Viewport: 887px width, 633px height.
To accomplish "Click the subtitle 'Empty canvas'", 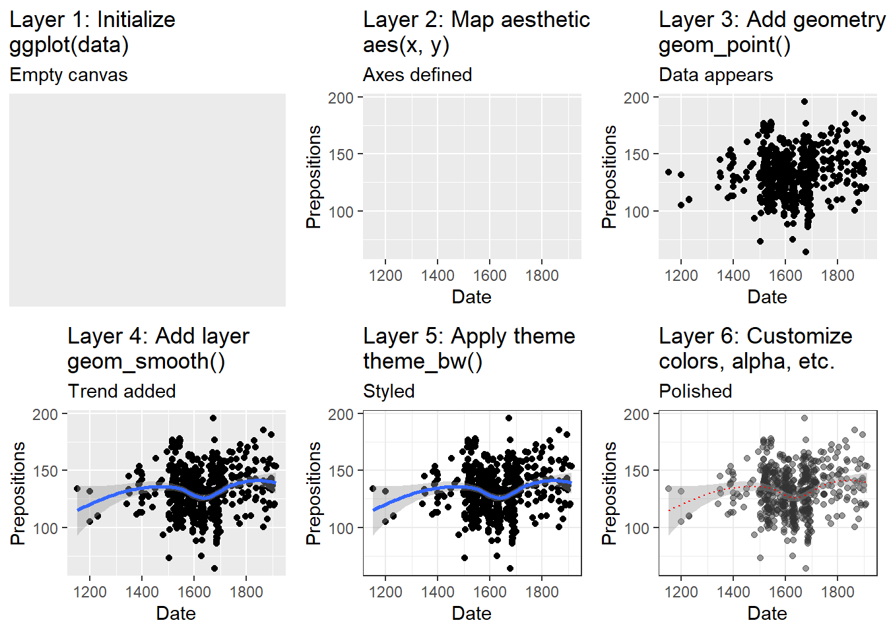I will click(69, 75).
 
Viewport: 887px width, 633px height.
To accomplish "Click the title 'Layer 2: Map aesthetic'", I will click(476, 20).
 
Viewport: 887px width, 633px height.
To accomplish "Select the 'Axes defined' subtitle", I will click(417, 75).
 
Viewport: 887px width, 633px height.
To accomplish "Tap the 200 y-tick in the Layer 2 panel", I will click(341, 98).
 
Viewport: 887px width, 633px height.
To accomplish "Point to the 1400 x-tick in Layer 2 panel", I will click(438, 276).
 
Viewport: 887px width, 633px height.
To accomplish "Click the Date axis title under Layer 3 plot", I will click(767, 297).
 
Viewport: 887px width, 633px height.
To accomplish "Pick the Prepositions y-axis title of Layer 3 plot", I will click(609, 177).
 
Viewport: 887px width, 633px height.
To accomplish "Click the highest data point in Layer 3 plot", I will click(805, 102).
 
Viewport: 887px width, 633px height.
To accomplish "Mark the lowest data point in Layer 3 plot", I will click(806, 252).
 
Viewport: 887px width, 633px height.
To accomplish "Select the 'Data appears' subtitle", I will click(715, 75).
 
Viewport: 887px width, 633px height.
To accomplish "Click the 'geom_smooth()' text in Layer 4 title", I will click(146, 361).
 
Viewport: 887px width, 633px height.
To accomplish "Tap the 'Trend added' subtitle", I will click(121, 392).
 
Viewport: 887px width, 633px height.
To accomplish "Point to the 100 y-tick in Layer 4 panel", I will click(45, 528).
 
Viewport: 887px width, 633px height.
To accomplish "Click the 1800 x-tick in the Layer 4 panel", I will click(246, 592).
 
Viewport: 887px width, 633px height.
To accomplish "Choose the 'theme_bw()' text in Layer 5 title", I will click(422, 361).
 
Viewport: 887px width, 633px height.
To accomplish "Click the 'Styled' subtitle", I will click(389, 392).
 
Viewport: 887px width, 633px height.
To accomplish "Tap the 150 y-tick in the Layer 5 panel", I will click(341, 471).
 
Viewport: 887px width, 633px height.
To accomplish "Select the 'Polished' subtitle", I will click(695, 392).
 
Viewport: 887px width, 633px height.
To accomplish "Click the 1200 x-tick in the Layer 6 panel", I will click(681, 592).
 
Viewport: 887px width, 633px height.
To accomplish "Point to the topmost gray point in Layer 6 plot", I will click(805, 418).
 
